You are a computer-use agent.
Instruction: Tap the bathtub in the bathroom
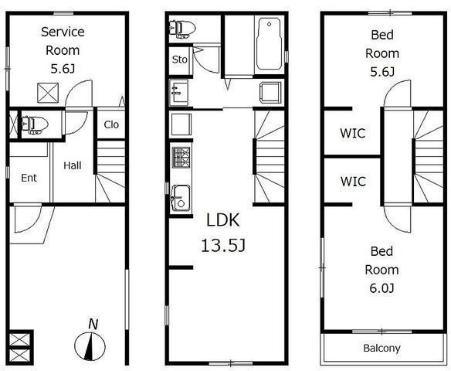click(269, 44)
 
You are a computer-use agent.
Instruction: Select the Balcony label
click(381, 348)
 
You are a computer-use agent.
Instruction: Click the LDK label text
click(223, 220)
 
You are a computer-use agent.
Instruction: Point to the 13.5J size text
click(223, 246)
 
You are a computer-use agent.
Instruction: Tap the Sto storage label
click(180, 60)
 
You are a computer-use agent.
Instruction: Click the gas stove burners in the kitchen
click(181, 157)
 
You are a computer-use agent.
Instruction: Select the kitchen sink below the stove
click(181, 199)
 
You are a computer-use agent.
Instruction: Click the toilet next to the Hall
click(35, 125)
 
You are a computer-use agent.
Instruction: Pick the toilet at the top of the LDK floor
click(182, 29)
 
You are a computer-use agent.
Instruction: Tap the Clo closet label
click(111, 124)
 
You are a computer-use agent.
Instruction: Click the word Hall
click(73, 165)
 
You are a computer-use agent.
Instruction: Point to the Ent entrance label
click(29, 178)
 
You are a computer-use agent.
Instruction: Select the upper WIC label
click(353, 133)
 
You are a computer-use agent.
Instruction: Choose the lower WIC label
click(353, 182)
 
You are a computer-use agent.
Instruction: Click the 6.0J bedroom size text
click(381, 288)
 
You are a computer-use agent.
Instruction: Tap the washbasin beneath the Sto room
click(179, 93)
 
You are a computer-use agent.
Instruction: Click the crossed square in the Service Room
click(48, 93)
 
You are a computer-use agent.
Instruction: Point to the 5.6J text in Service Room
click(63, 69)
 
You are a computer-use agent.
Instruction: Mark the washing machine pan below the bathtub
click(270, 93)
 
